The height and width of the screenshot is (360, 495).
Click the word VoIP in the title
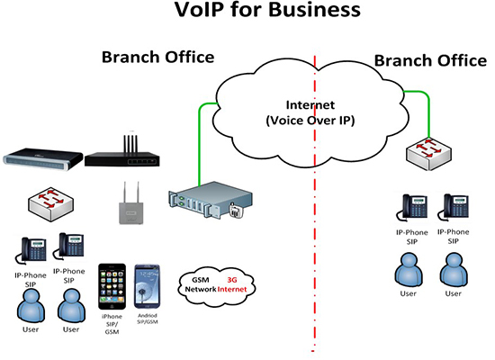(x=200, y=10)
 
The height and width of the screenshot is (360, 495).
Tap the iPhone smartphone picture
(x=112, y=286)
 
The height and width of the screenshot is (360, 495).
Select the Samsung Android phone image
(x=147, y=286)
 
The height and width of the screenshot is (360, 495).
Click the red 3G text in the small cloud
(x=232, y=280)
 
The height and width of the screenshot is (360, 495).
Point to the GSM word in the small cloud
(x=201, y=280)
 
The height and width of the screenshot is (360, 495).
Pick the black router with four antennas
(x=122, y=151)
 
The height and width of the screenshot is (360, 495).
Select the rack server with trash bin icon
(x=211, y=200)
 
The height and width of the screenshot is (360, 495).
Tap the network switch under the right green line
(x=428, y=154)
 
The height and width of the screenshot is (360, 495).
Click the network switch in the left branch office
(x=51, y=204)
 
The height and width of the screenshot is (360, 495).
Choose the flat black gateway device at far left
(x=43, y=159)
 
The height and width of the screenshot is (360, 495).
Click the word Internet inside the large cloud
(x=310, y=104)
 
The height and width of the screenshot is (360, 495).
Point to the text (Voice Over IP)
(x=310, y=121)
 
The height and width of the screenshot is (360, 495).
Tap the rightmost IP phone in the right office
(x=453, y=207)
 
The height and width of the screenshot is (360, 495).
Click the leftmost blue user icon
(x=31, y=306)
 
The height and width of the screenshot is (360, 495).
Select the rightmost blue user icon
(x=454, y=270)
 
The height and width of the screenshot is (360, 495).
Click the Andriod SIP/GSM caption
(x=148, y=319)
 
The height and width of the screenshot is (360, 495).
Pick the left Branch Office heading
(x=157, y=58)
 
